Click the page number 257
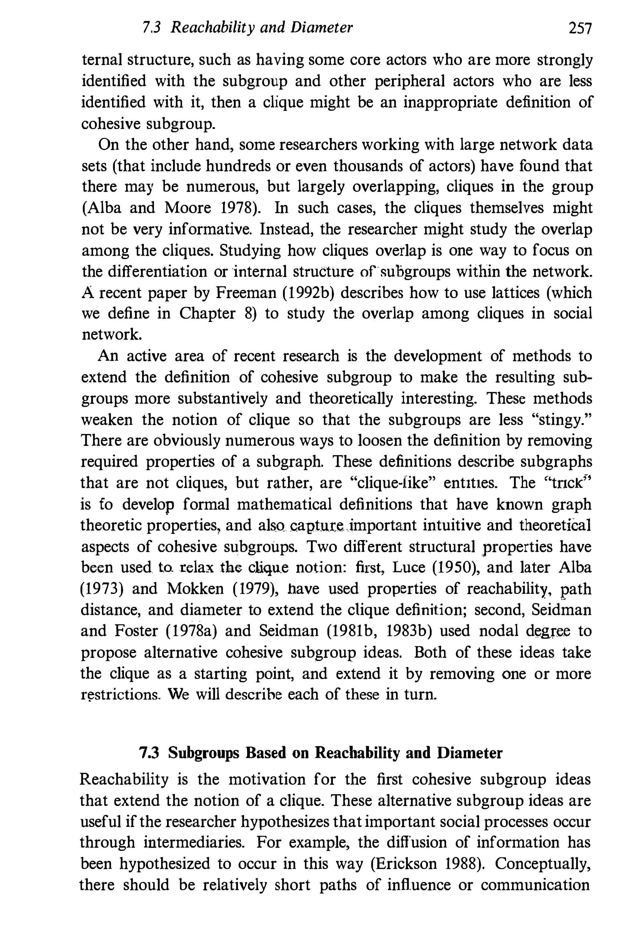pyautogui.click(x=580, y=28)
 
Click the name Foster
pyautogui.click(x=137, y=631)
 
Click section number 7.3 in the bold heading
pyautogui.click(x=149, y=753)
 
